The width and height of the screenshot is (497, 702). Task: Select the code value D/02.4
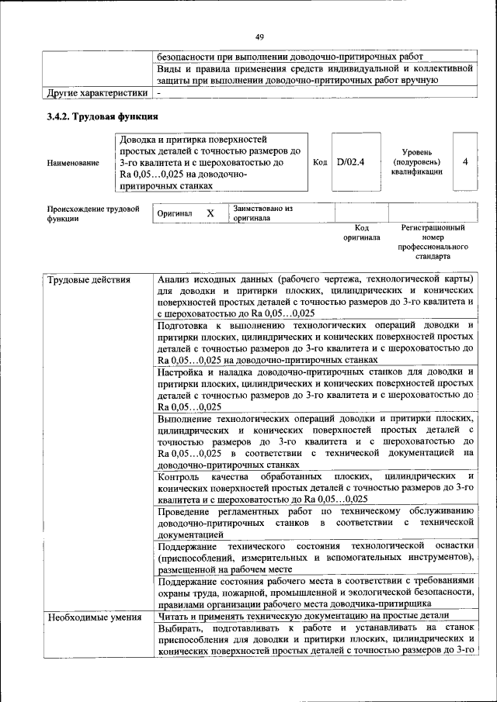pos(351,162)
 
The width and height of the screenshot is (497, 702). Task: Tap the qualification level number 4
pos(464,162)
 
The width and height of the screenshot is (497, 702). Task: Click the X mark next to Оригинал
pos(210,213)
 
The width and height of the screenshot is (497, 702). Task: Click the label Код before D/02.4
pos(320,162)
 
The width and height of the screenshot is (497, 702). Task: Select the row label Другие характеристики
pos(96,93)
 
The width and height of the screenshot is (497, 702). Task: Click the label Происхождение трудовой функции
pos(92,213)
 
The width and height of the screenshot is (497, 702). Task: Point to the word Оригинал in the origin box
pos(175,213)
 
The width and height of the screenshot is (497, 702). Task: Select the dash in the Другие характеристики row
pos(159,93)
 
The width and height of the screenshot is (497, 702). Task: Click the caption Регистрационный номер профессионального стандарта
pos(433,241)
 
